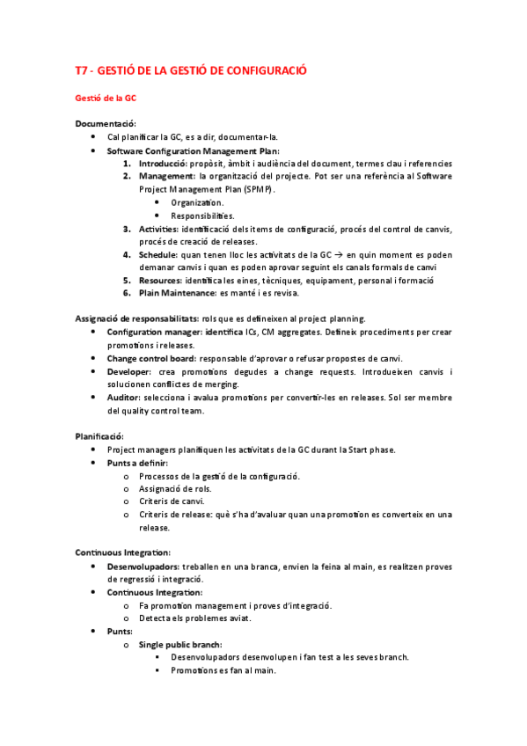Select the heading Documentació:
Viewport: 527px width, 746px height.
tap(106, 124)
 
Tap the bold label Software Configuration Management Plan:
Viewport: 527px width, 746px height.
tap(193, 150)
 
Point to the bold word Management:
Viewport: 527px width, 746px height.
tap(167, 176)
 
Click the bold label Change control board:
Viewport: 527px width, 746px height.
tap(151, 358)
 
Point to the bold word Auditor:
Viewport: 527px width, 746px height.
tap(129, 397)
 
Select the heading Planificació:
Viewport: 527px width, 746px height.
tap(99, 436)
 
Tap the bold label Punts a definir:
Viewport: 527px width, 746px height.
tap(137, 463)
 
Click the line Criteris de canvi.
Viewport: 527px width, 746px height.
tap(172, 501)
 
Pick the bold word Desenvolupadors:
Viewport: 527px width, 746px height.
tap(144, 567)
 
